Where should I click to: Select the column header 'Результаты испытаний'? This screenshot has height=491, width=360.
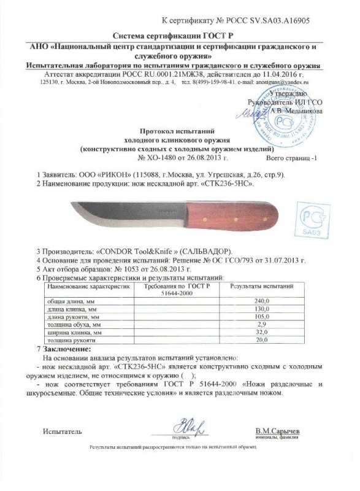[x=262, y=286]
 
